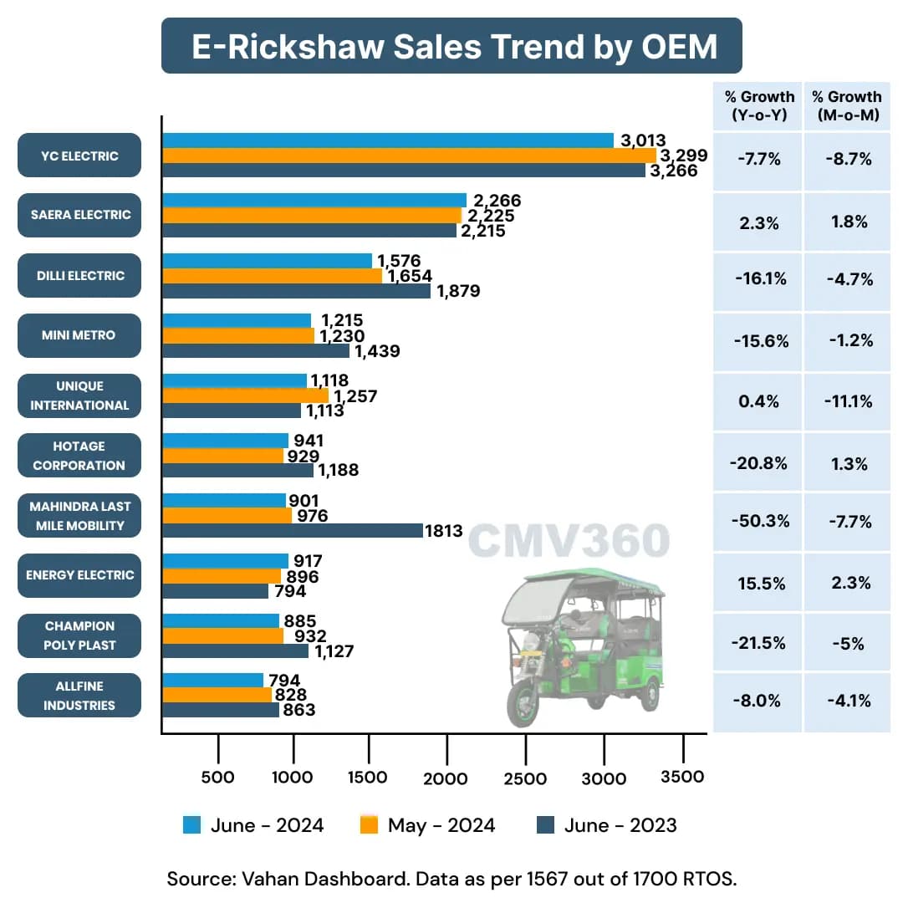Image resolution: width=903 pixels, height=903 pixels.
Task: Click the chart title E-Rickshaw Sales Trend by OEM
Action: tap(451, 46)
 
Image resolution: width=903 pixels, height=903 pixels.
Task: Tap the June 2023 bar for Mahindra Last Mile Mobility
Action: tap(292, 530)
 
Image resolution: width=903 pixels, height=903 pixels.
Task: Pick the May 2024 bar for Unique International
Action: tap(245, 395)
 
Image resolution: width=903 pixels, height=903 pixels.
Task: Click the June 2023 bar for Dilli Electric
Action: tap(296, 291)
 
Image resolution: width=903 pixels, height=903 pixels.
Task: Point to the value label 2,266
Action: tap(497, 201)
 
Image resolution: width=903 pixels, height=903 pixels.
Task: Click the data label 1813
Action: tap(444, 531)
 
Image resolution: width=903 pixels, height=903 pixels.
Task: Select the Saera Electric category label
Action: tap(79, 215)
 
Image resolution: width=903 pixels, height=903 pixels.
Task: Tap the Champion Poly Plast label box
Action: tap(79, 635)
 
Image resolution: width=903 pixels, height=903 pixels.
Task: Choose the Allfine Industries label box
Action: tap(79, 696)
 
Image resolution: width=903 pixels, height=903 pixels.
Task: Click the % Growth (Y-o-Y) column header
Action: tap(759, 106)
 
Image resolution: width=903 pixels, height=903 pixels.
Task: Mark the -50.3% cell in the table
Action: tap(759, 522)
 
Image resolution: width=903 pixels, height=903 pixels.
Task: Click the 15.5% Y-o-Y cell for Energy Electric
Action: tap(759, 583)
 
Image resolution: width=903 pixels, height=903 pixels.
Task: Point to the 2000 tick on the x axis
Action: tap(446, 778)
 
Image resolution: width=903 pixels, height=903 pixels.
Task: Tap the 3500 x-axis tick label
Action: tap(682, 777)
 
